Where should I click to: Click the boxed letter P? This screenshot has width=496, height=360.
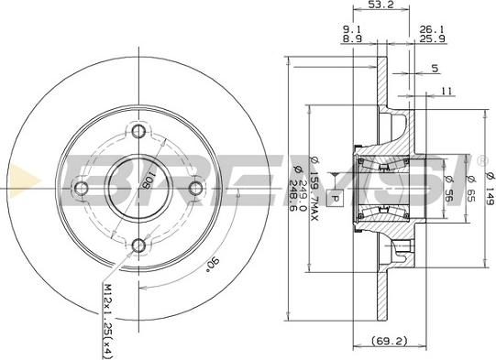coord(335,197)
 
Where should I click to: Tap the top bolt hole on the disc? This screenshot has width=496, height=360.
coord(138,129)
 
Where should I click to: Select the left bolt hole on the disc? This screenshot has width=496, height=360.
coord(82,188)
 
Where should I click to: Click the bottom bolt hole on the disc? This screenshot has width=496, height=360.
coord(138,245)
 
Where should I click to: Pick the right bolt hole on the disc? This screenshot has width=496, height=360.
coord(196,188)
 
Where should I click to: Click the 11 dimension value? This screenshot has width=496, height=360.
coord(446,91)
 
